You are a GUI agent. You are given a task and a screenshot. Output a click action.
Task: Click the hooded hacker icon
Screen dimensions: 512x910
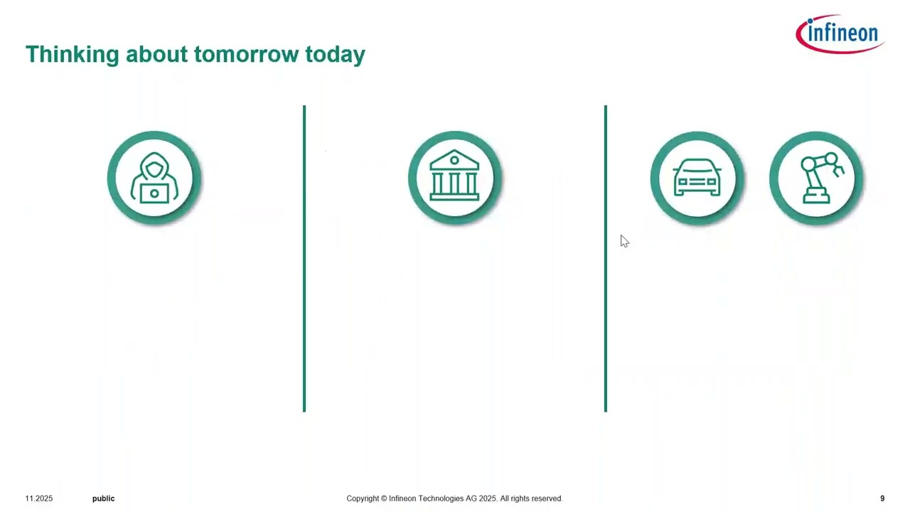[x=154, y=178]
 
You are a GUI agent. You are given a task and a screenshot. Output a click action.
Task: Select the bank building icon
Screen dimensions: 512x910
[x=455, y=178]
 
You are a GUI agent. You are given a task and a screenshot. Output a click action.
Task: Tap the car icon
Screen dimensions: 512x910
[x=697, y=178]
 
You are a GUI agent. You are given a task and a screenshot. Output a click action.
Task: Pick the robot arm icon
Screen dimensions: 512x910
[x=816, y=178]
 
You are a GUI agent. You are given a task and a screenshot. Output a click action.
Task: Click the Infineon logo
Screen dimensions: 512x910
[x=840, y=33]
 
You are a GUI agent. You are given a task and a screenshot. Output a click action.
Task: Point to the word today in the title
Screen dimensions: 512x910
[x=335, y=55]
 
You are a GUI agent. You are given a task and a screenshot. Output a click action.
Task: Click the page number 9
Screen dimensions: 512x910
[x=882, y=498]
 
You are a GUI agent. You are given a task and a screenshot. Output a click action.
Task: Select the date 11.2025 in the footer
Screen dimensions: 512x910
[x=39, y=498]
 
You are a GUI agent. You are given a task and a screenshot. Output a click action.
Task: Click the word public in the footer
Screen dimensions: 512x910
[x=103, y=498]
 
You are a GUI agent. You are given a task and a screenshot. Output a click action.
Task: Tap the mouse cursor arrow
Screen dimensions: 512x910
[x=623, y=241]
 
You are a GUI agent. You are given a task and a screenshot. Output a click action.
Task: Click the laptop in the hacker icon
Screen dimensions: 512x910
[x=154, y=193]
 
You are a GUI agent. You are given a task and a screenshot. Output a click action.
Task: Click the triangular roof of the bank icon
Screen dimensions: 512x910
[x=455, y=159]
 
